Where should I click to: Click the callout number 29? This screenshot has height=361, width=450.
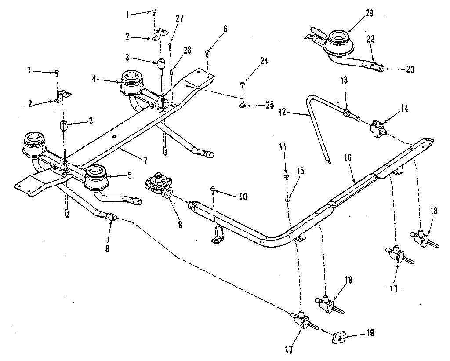pyautogui.click(x=369, y=13)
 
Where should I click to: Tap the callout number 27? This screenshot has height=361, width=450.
pyautogui.click(x=179, y=18)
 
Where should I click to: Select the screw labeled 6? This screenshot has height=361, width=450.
pyautogui.click(x=207, y=53)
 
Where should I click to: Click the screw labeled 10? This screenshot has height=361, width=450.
pyautogui.click(x=213, y=190)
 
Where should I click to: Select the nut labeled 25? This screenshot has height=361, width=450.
pyautogui.click(x=243, y=106)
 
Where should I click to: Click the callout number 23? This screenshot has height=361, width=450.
pyautogui.click(x=410, y=69)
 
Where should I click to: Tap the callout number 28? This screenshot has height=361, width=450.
pyautogui.click(x=188, y=51)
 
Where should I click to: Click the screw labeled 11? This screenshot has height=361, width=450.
pyautogui.click(x=286, y=177)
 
